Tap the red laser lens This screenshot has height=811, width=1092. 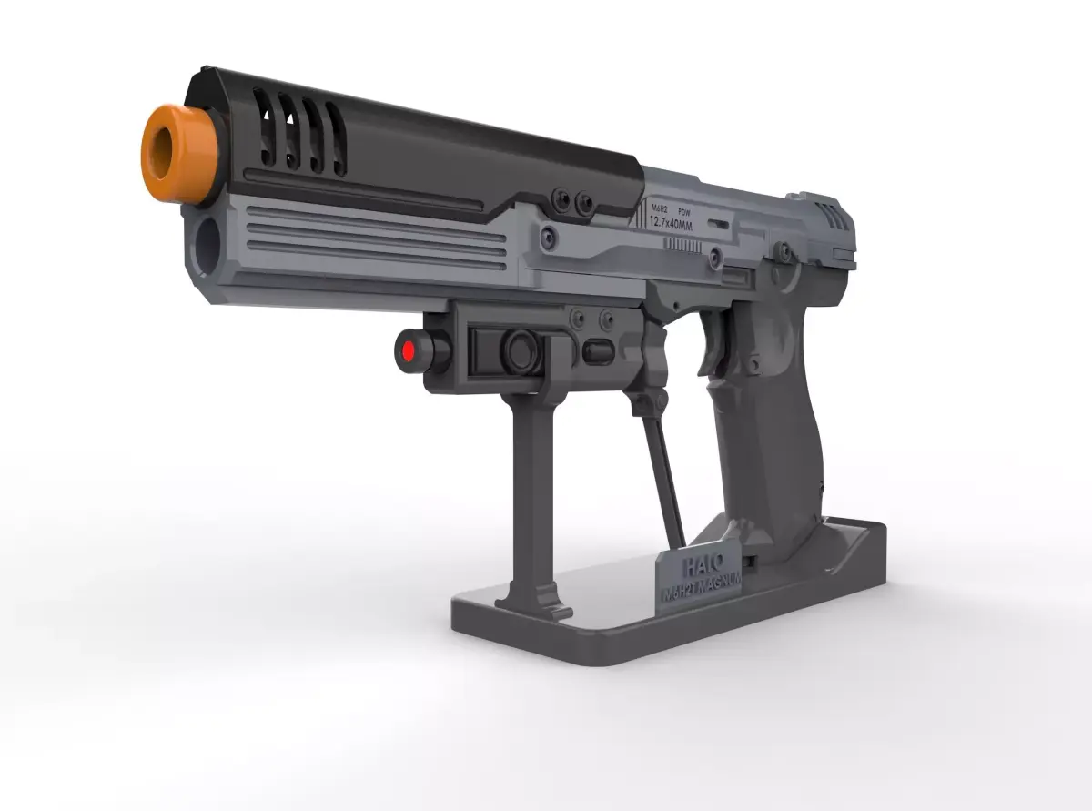tap(407, 350)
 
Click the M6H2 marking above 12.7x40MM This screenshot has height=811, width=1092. tap(660, 210)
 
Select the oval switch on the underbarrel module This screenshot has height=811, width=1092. tap(599, 350)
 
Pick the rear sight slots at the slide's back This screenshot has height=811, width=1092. tap(833, 217)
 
